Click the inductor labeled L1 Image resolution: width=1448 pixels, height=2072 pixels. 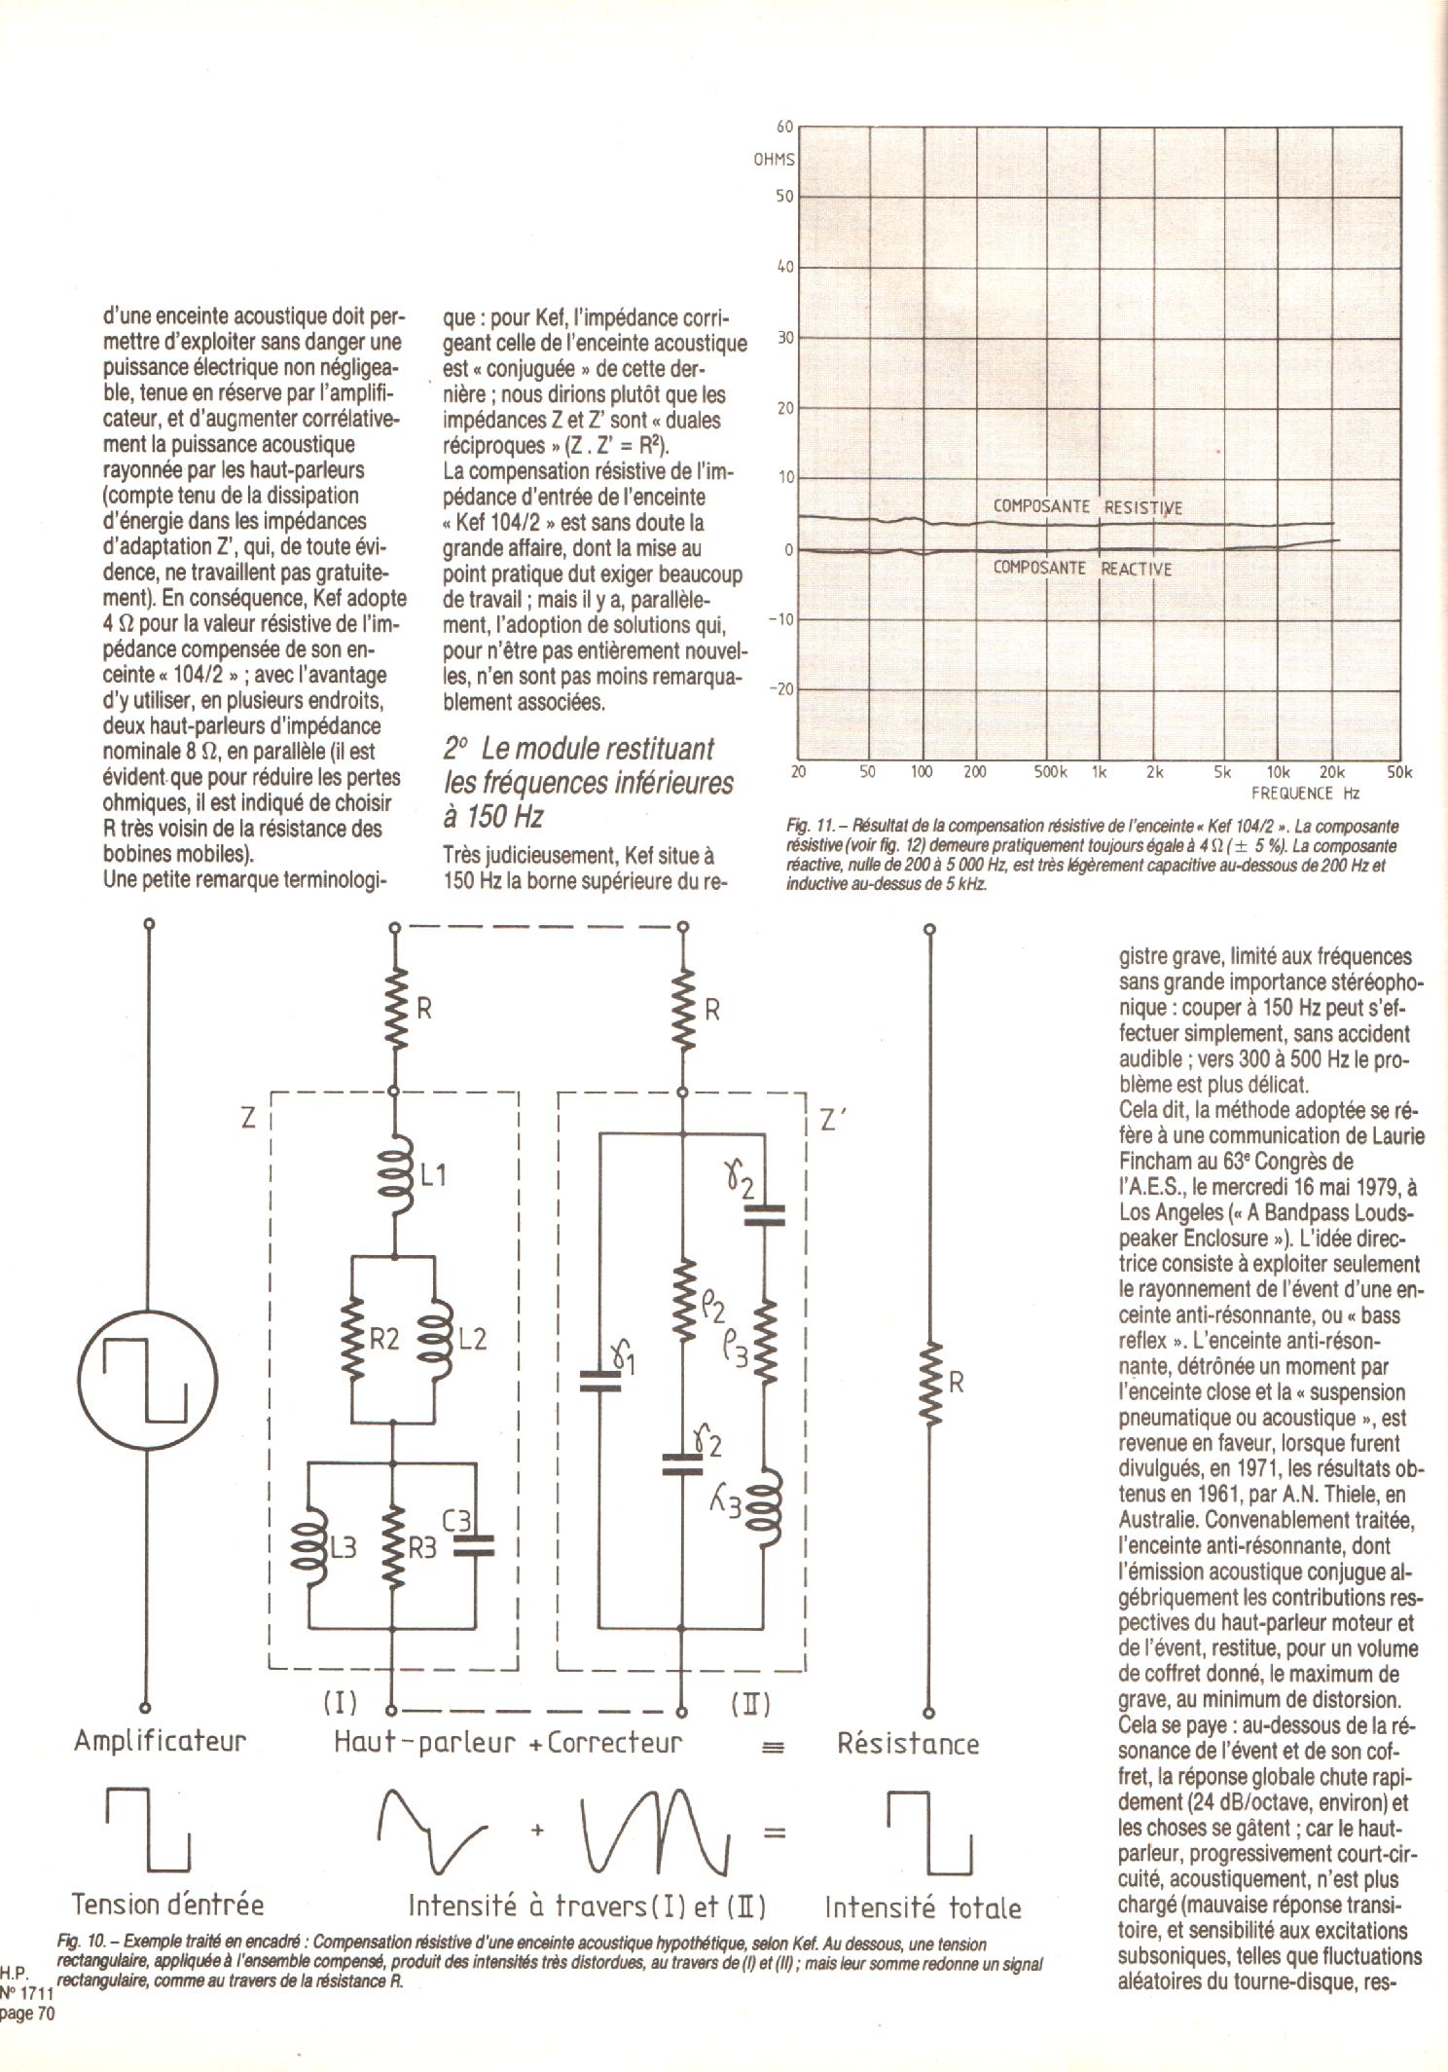394,1175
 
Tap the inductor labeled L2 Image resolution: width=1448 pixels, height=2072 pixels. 434,1339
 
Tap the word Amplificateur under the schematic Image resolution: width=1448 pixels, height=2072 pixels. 160,1741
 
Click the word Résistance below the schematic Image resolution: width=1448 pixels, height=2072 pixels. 907,1743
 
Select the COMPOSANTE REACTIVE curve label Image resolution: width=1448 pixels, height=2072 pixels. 1082,569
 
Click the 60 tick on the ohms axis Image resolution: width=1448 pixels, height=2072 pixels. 784,126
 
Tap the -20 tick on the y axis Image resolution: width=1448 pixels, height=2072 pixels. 780,689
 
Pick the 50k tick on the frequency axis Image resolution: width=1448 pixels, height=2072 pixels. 1398,772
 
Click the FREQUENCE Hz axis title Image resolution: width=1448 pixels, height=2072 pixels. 1304,794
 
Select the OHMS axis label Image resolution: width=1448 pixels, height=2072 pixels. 774,160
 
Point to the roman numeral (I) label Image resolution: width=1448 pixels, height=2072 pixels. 340,1704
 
